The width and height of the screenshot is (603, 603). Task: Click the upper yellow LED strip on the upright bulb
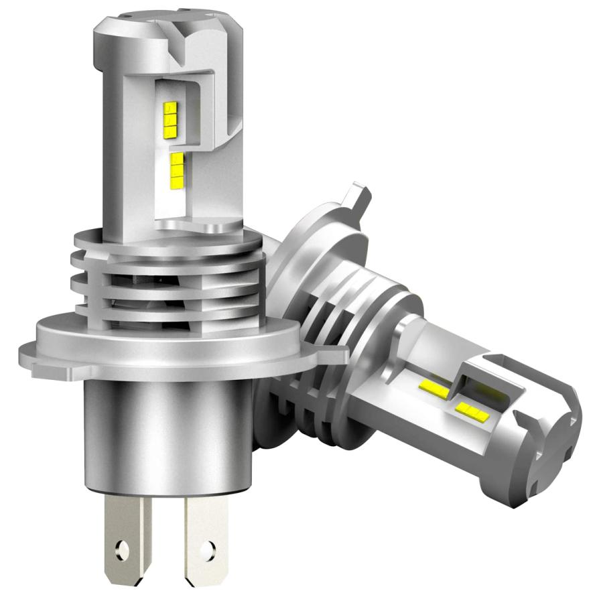[x=170, y=113]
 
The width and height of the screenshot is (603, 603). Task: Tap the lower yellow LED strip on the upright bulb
[x=176, y=168]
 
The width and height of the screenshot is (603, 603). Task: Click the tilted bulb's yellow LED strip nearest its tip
[x=470, y=410]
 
